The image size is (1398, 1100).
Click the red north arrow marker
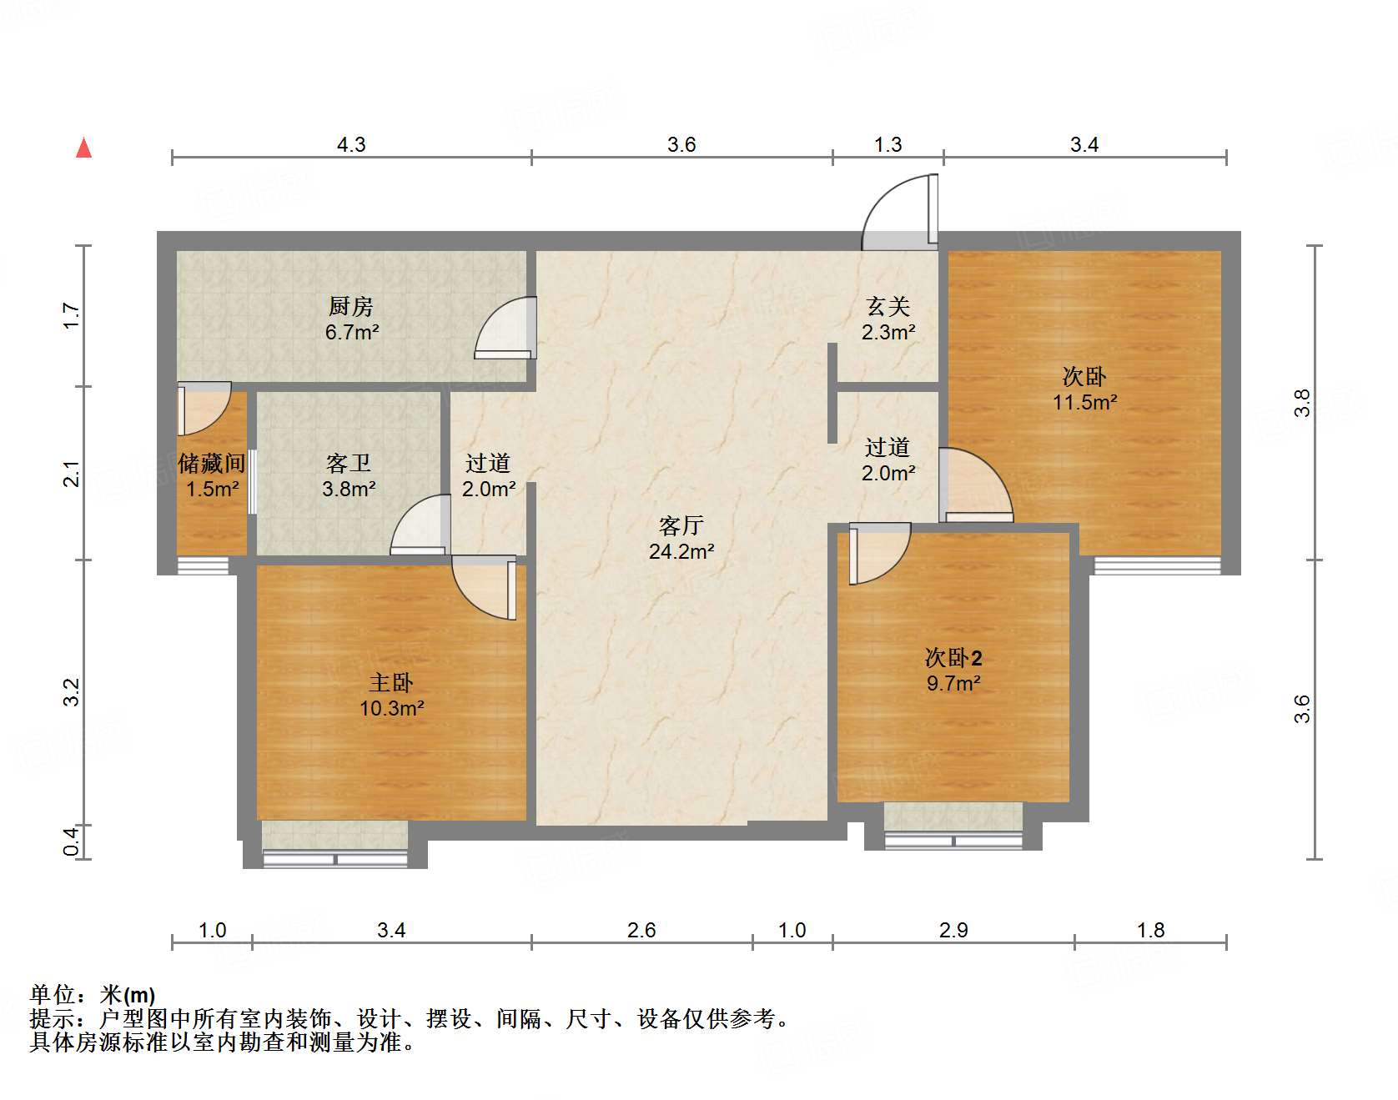click(83, 148)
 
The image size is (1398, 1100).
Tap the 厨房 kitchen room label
click(350, 307)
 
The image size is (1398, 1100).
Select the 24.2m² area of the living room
click(681, 551)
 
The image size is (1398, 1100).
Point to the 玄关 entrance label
click(888, 307)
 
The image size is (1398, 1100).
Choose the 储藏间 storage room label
click(212, 464)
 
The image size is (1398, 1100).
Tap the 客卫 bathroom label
click(349, 463)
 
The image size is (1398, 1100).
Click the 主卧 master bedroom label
click(391, 683)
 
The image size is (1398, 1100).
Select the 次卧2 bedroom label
click(953, 658)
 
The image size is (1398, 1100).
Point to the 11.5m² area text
click(1084, 402)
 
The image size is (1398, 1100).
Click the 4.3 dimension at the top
click(351, 144)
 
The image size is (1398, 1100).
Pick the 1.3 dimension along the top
click(888, 144)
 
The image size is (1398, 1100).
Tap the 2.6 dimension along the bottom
click(641, 930)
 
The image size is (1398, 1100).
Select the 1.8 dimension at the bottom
click(1150, 930)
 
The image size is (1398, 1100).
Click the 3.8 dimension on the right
click(1302, 403)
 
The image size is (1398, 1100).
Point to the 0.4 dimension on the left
click(72, 841)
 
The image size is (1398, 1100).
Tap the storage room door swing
click(203, 408)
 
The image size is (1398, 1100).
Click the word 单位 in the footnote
click(53, 995)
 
